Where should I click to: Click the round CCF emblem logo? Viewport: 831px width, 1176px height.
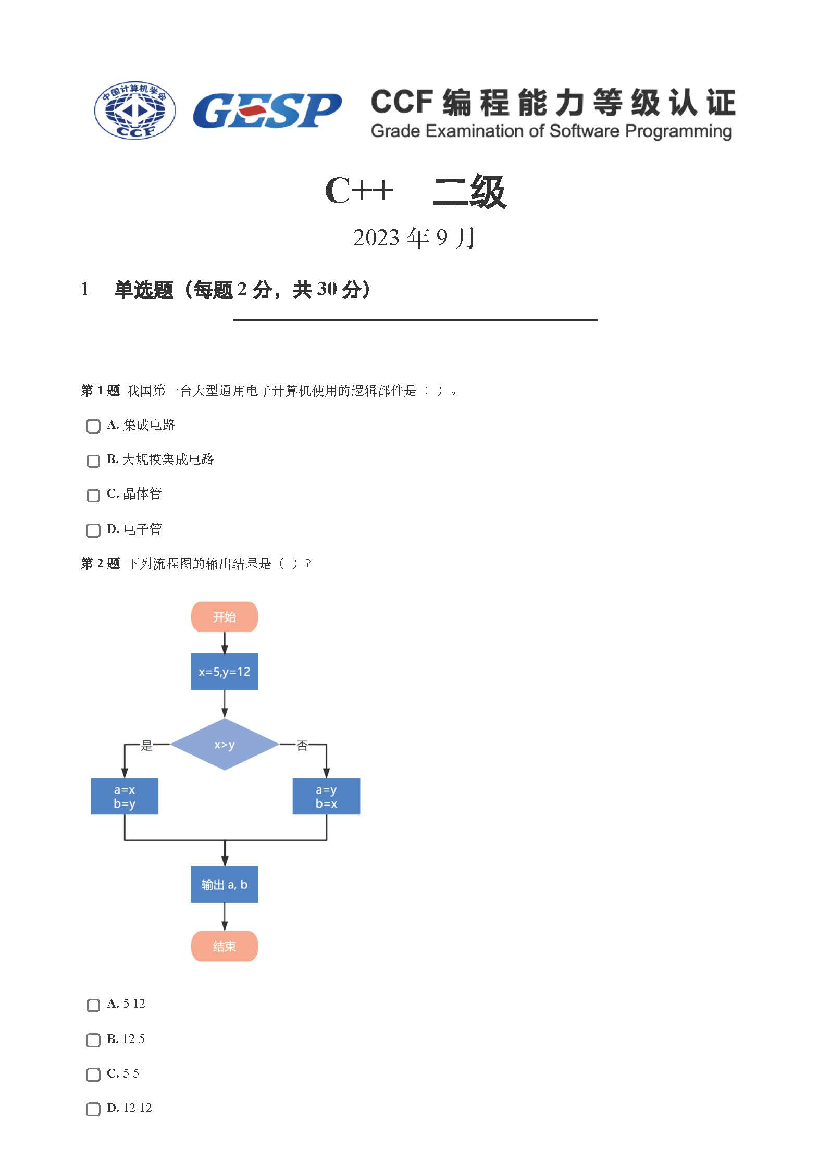(x=134, y=110)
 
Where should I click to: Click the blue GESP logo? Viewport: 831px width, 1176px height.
(x=267, y=110)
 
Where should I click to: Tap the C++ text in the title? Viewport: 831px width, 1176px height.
(x=358, y=190)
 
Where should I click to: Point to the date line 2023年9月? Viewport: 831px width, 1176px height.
(x=415, y=238)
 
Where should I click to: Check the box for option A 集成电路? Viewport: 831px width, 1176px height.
(x=93, y=426)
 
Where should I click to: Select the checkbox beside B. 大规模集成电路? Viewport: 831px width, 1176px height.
(x=93, y=461)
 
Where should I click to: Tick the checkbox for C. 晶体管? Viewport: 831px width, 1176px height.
(x=93, y=495)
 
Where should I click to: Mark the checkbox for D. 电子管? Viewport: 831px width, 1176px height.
(x=93, y=530)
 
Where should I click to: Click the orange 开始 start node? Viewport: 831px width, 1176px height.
(x=225, y=617)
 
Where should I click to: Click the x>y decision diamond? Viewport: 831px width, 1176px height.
(x=225, y=744)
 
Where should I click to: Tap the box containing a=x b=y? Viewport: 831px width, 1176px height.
(x=125, y=796)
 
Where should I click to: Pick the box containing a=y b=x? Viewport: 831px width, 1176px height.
(x=326, y=796)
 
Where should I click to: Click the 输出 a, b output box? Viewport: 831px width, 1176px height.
(x=225, y=884)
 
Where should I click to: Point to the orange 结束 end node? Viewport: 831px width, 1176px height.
(x=225, y=946)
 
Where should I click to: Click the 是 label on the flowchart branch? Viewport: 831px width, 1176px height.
(x=147, y=745)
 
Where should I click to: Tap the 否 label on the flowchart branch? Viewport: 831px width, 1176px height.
(x=302, y=745)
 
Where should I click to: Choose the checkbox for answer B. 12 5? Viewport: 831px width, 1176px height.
(x=93, y=1040)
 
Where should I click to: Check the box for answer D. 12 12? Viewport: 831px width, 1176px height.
(x=93, y=1109)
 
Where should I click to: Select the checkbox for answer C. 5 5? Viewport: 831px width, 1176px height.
(x=93, y=1074)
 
